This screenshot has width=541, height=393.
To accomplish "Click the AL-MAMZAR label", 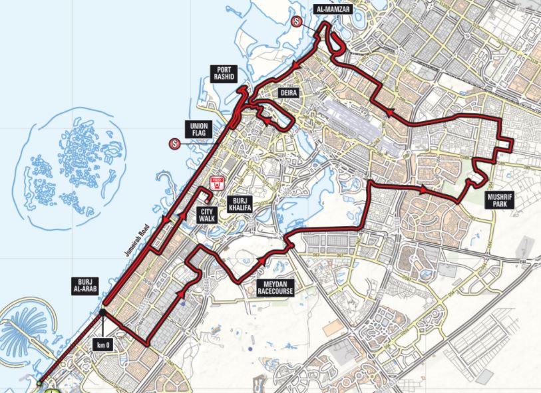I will coord(331,9).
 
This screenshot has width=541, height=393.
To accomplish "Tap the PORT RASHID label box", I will coord(222,73).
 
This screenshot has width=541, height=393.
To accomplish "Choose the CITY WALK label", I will coord(206,215).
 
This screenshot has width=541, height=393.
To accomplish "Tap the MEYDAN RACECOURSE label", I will coord(275,287).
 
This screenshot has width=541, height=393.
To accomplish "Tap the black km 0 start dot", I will coord(102,313).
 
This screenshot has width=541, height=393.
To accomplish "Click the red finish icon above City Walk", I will coord(216,184).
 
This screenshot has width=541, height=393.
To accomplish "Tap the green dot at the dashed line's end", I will coord(40,384).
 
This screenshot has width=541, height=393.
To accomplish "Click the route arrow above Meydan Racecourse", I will coord(264,259).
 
